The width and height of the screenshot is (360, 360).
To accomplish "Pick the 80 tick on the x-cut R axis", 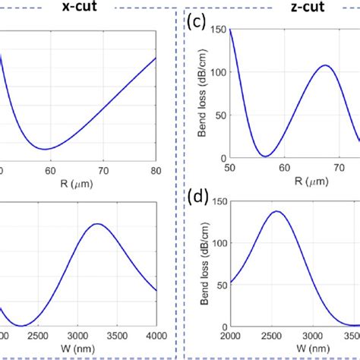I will [x=155, y=172].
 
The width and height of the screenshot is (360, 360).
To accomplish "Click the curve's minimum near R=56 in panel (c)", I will [x=265, y=156].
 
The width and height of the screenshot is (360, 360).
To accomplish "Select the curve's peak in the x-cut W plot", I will [x=96, y=224].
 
